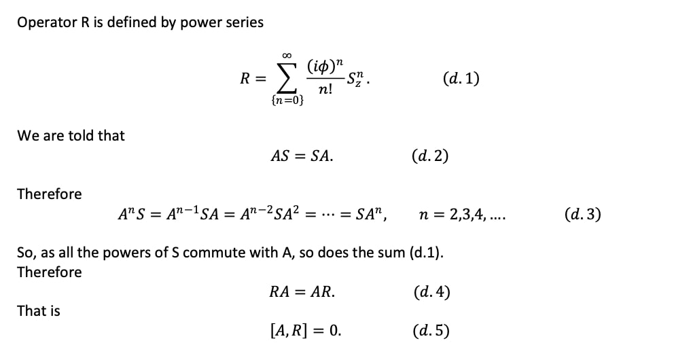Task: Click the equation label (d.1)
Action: click(x=461, y=79)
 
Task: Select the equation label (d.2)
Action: click(x=430, y=156)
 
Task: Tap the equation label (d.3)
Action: click(x=583, y=214)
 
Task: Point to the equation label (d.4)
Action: click(x=431, y=292)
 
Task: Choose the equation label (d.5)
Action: click(x=431, y=331)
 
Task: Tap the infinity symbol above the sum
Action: click(x=287, y=56)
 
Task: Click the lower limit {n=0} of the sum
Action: click(x=287, y=101)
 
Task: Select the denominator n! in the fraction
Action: click(x=325, y=90)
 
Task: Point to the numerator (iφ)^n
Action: click(x=325, y=67)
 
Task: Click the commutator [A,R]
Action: click(x=289, y=331)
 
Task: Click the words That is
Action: click(x=39, y=310)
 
